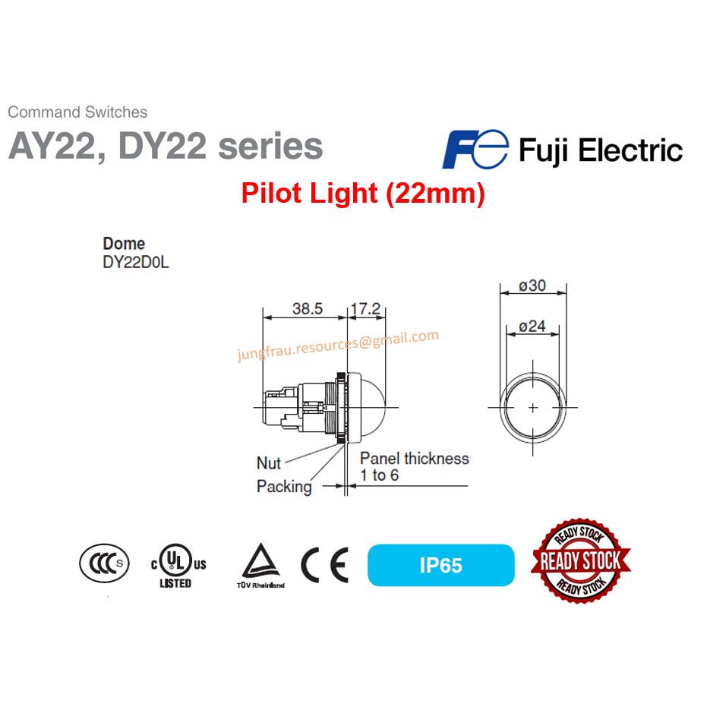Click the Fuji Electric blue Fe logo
[475, 149]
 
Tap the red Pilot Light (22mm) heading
[363, 194]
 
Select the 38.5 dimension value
[308, 309]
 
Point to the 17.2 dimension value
[366, 309]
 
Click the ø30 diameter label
[533, 286]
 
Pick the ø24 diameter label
[532, 326]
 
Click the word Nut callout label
[269, 462]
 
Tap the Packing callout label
[284, 487]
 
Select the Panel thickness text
[414, 459]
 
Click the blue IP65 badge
[440, 565]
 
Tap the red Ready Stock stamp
[581, 562]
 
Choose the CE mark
[324, 565]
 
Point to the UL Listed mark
[176, 565]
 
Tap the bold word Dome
[124, 244]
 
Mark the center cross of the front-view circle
[533, 407]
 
